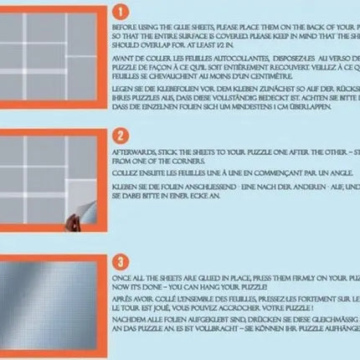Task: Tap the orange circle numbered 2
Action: [x=121, y=135]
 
